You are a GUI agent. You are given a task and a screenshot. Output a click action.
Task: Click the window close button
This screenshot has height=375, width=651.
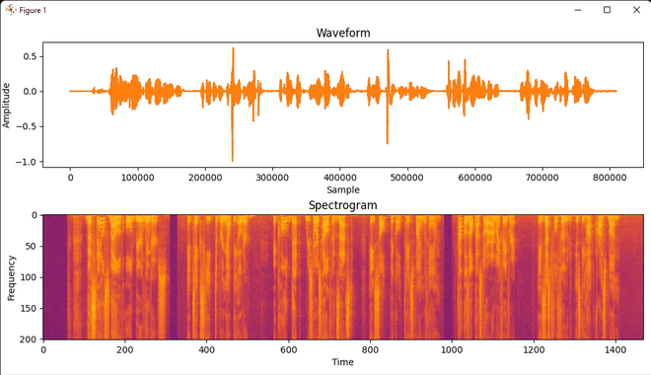636,10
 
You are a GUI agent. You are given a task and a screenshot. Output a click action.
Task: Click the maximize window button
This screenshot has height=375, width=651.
607,10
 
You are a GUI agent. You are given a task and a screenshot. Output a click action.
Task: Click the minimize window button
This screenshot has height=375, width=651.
577,10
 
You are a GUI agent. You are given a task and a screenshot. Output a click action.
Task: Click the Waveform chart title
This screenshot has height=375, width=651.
343,34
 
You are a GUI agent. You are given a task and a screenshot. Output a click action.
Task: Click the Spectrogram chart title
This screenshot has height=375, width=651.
342,205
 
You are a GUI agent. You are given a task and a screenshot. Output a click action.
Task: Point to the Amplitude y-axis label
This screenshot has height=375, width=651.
7,105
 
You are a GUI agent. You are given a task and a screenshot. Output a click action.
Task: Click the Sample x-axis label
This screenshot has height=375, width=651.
343,189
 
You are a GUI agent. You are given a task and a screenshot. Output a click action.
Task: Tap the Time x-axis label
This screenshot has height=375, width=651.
342,362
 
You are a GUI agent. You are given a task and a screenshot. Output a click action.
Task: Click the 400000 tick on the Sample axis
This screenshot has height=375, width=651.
340,178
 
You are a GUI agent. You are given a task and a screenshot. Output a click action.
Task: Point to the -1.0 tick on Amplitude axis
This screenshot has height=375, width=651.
29,162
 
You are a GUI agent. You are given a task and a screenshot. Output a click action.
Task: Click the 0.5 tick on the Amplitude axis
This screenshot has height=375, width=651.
31,56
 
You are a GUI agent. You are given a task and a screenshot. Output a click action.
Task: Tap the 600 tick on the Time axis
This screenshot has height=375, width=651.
288,349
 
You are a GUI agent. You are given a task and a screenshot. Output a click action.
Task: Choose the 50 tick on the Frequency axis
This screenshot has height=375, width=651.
30,246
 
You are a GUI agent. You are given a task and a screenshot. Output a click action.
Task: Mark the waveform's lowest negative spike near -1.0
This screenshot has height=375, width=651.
233,160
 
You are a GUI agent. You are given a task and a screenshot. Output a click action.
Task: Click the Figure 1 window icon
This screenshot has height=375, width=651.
10,10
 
